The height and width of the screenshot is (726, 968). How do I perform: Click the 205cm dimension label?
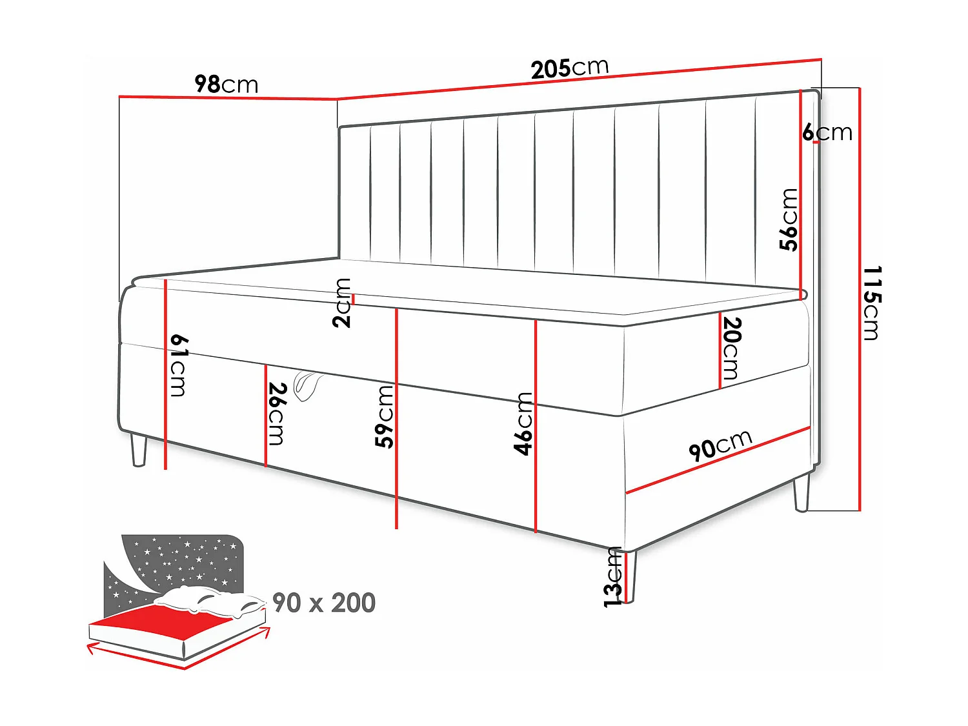(569, 68)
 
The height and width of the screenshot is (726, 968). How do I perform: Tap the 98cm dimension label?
(226, 84)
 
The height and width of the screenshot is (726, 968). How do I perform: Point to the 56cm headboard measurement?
(789, 219)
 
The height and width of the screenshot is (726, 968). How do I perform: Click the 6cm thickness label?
(827, 132)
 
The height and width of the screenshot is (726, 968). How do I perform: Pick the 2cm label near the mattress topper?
(343, 303)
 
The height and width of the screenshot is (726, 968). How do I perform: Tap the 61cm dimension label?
(179, 365)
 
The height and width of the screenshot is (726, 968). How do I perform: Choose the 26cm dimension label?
(277, 414)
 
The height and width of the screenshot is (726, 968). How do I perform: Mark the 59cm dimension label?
(385, 416)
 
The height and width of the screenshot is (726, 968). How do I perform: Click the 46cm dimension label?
(523, 423)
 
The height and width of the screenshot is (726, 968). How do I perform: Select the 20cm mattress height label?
(731, 348)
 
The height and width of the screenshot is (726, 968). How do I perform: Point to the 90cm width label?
(720, 445)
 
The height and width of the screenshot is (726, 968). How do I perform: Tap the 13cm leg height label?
(612, 577)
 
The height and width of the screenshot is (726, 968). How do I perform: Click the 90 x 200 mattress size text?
(324, 603)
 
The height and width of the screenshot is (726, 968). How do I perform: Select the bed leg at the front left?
(138, 450)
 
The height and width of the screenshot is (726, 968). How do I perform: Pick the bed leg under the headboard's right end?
(802, 492)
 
